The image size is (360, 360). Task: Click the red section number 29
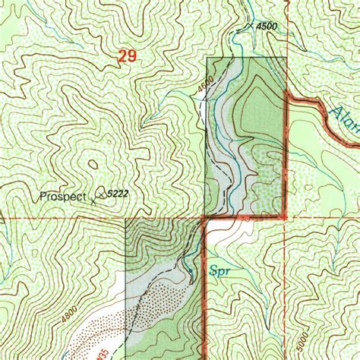[x=127, y=55]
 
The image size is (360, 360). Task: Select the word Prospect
[x=63, y=195]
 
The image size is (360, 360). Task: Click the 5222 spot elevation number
[x=116, y=194]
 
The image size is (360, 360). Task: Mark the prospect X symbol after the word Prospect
[x=93, y=201]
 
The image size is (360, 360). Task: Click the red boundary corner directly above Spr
[x=205, y=218]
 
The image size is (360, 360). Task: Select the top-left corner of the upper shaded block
[x=207, y=58]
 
